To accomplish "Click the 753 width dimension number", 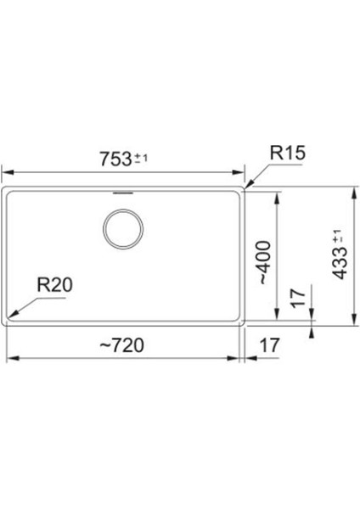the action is tap(115, 159).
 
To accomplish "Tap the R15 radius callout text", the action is tap(288, 153).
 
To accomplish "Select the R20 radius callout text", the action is tap(55, 285).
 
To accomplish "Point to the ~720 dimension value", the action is tap(121, 345).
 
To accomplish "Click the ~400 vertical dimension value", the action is tap(264, 262).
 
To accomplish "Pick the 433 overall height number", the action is tap(340, 263).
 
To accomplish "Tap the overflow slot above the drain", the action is tap(123, 193).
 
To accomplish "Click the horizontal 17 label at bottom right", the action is tap(270, 345).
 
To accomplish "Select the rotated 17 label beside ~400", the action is tap(298, 298).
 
